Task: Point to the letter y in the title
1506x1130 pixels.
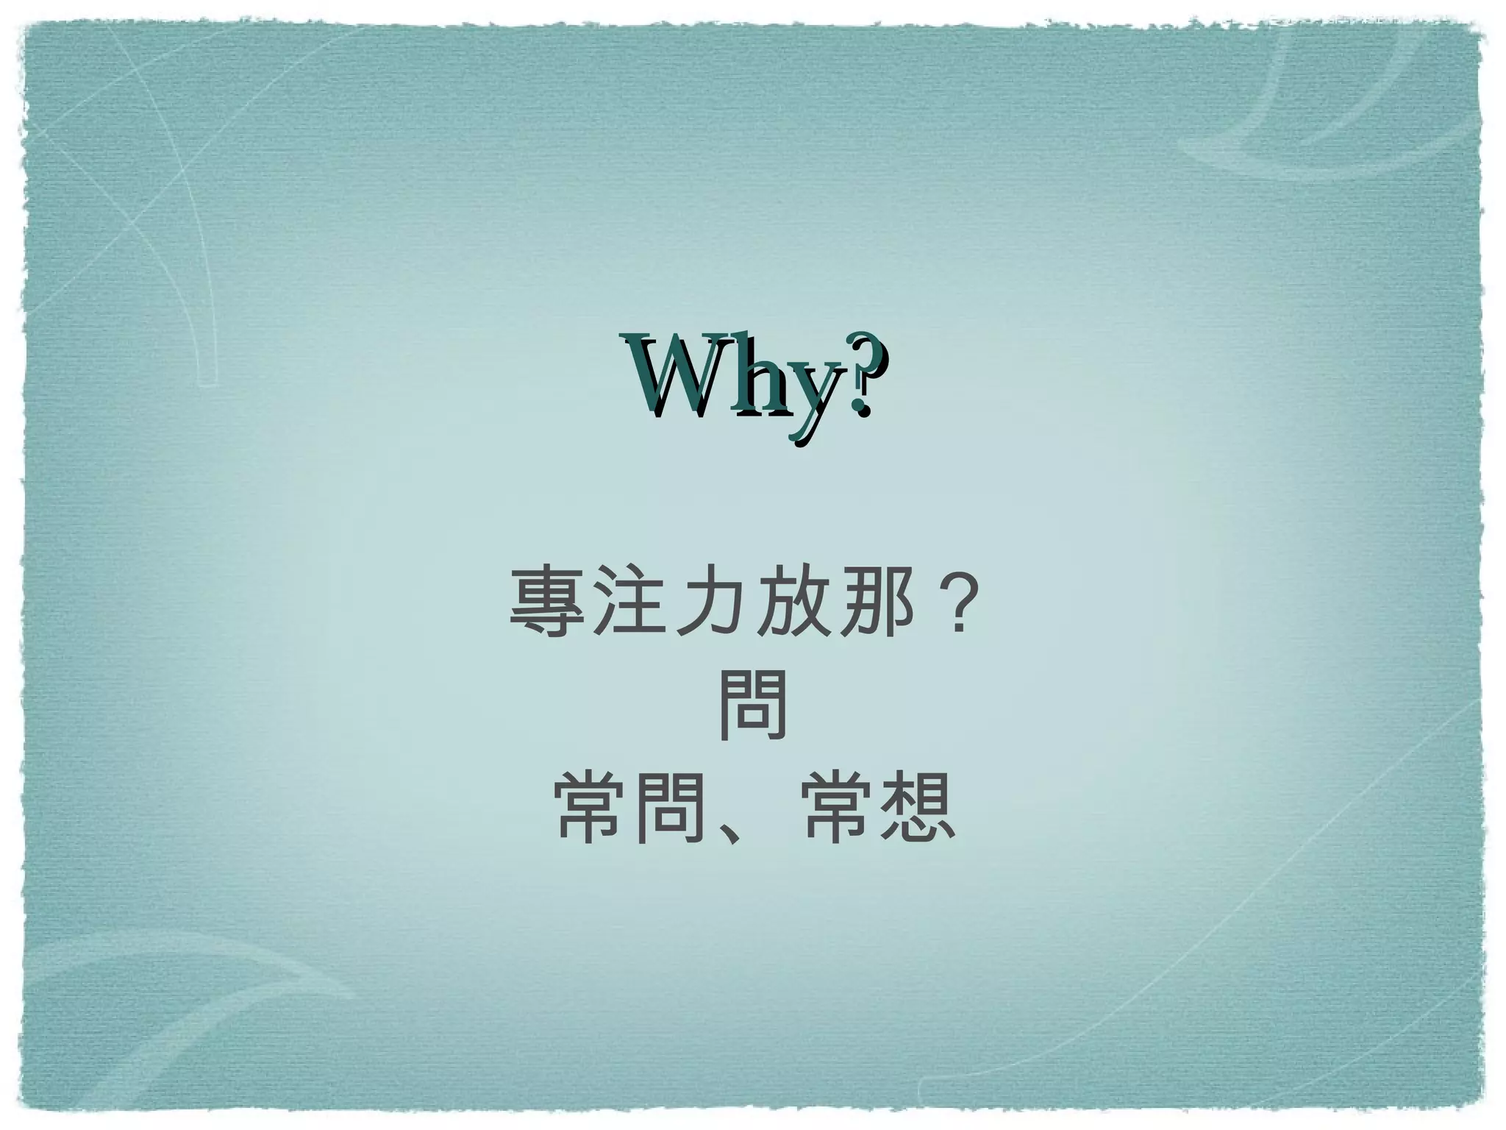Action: pyautogui.click(x=814, y=397)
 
